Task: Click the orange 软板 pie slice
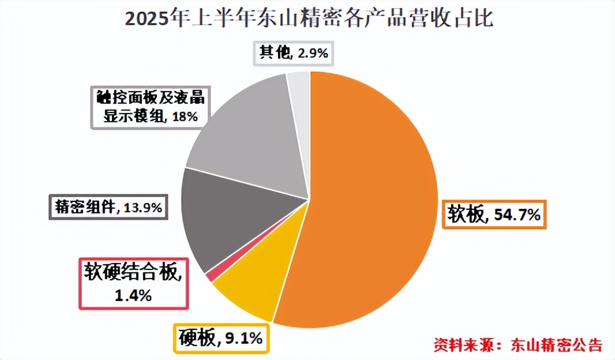point(375,202)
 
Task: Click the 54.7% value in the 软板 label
point(517,215)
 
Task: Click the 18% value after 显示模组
point(185,117)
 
